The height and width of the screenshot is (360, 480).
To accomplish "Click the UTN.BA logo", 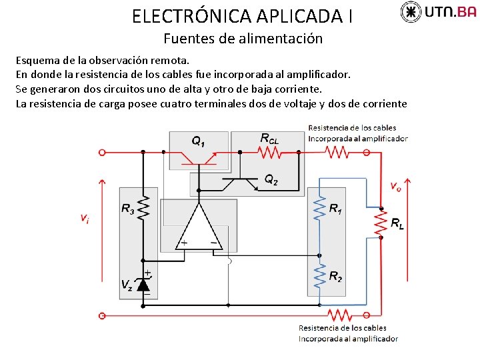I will click(438, 11).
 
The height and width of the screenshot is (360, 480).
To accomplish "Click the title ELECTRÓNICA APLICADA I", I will click(243, 15).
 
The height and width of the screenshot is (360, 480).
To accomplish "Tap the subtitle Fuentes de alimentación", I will click(243, 39).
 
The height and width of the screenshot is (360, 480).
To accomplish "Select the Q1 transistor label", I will click(199, 141).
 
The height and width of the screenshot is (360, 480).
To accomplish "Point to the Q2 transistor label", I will click(271, 179).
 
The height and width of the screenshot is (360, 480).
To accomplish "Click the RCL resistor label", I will click(270, 138).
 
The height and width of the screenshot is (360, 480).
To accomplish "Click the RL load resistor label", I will click(397, 224).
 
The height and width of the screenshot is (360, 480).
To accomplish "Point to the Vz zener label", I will click(127, 285).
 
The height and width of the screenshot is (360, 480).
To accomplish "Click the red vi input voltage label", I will click(85, 217).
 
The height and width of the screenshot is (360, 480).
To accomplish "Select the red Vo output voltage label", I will click(395, 187).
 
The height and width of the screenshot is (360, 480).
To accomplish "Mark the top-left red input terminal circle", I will click(102, 152).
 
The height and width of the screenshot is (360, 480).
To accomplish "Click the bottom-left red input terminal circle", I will click(102, 314).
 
